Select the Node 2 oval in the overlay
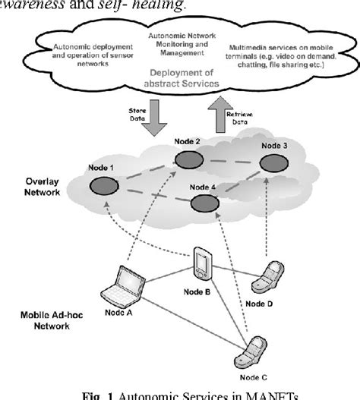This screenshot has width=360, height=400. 187,159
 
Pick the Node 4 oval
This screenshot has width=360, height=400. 203,203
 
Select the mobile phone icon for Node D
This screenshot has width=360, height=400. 269,288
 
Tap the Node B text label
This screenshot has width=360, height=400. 204,292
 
